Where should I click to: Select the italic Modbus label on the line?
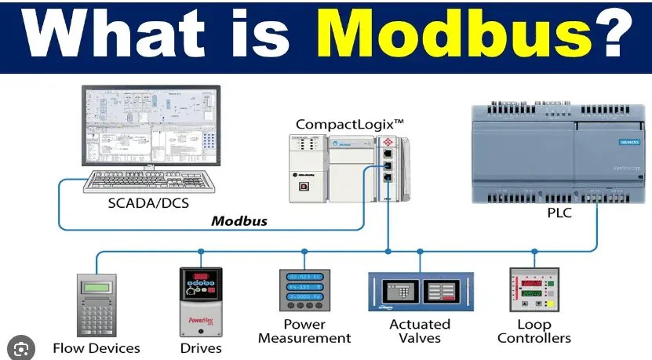239,220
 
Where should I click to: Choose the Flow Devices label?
96,347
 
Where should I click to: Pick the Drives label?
200,347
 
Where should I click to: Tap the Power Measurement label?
304,331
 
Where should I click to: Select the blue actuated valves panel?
421,291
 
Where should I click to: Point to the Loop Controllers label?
534,331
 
